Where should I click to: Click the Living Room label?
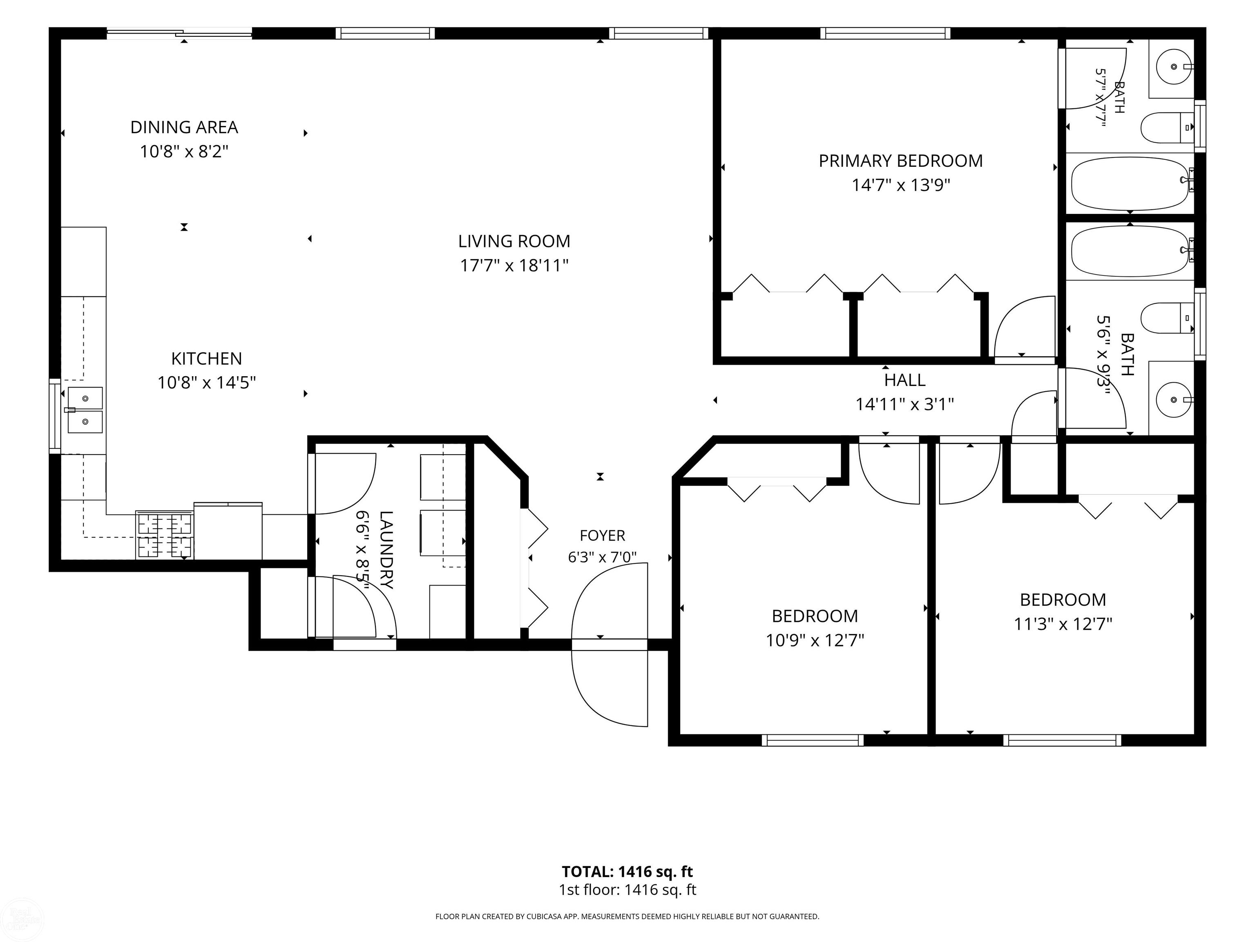[x=514, y=241]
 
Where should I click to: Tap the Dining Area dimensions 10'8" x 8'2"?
[x=184, y=152]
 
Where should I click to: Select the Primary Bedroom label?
[x=900, y=161]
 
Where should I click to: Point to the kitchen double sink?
[x=85, y=410]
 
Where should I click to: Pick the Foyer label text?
[x=602, y=536]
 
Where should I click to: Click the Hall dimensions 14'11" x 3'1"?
[x=904, y=404]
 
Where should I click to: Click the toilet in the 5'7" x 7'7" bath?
[x=1166, y=128]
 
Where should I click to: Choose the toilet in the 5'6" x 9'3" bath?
[x=1166, y=318]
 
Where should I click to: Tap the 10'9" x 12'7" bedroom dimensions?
[x=815, y=641]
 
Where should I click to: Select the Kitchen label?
[x=207, y=358]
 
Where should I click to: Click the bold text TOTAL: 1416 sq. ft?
[x=627, y=872]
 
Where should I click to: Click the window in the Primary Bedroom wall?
[x=885, y=34]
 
